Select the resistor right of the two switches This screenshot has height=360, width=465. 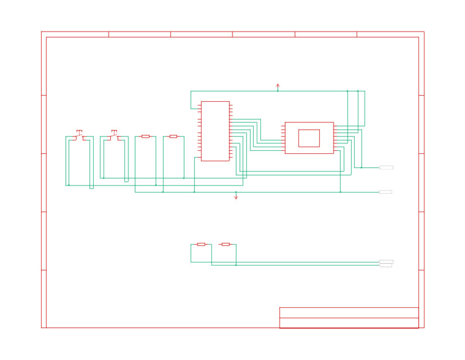point(145,136)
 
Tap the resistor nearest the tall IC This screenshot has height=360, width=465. point(173,136)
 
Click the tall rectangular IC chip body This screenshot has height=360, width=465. point(215,131)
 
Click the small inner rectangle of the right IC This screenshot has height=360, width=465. point(309,138)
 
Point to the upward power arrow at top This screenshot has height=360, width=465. point(278,87)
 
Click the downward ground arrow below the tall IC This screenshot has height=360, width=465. point(236,196)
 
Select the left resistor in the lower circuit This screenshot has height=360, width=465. point(201,244)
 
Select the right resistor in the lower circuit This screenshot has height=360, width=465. point(225,244)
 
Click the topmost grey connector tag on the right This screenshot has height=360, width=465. point(386,167)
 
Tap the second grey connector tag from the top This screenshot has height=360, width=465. point(386,192)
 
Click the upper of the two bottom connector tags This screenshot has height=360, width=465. point(386,261)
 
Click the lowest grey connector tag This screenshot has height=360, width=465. point(386,265)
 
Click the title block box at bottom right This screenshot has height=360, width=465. point(349,318)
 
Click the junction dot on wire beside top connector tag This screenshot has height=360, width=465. point(361,167)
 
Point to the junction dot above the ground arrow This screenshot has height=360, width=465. point(236,192)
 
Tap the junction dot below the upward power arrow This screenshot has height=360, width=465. point(278,91)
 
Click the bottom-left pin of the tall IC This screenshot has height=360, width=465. point(199,158)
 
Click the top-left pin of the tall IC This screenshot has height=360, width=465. point(199,105)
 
